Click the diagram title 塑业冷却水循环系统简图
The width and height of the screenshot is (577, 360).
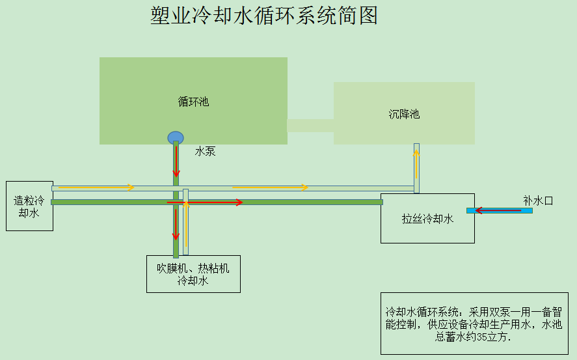[x=264, y=16]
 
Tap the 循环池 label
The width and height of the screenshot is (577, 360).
[x=193, y=102]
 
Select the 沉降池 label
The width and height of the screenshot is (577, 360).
[x=404, y=114]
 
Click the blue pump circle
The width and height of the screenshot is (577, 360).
[x=176, y=137]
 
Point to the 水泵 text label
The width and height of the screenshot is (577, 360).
[x=205, y=152]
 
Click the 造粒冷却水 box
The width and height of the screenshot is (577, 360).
[x=29, y=206]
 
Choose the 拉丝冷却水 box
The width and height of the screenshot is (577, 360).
[x=427, y=219]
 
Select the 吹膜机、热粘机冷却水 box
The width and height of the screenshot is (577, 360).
[x=193, y=274]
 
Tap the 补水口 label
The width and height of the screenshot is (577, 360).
[x=538, y=201]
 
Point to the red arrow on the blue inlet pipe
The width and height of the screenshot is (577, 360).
[x=497, y=210]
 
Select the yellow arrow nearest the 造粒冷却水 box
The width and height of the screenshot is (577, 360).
[x=94, y=187]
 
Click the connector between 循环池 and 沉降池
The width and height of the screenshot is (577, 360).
[x=310, y=125]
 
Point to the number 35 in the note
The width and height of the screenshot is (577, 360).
[x=482, y=338]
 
